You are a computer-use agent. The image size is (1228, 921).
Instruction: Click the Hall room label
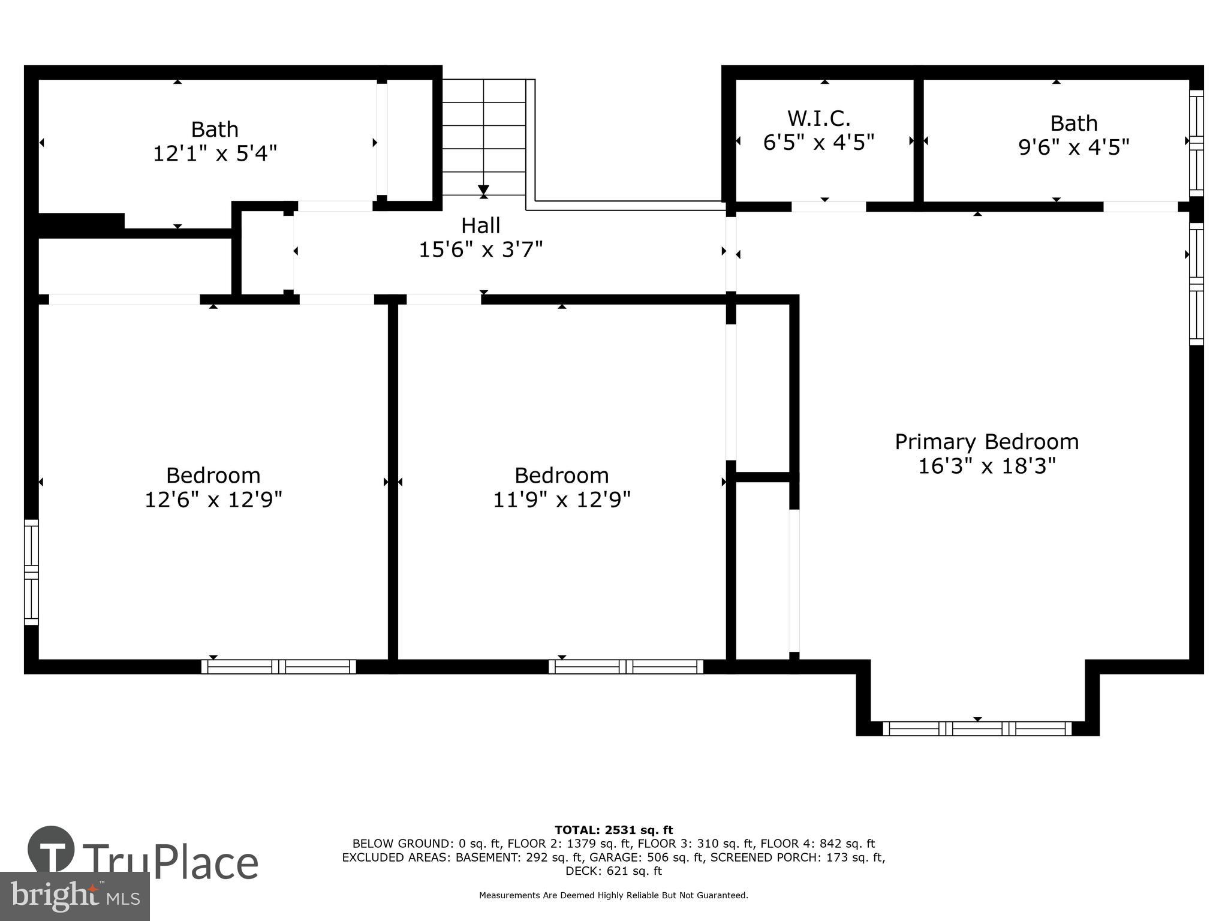[480, 226]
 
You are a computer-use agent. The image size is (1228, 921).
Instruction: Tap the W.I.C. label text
[818, 118]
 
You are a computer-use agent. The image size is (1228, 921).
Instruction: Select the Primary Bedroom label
[986, 442]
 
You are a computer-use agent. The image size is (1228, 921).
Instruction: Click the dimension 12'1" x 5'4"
[215, 154]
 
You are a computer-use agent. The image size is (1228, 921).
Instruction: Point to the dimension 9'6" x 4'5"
[1073, 148]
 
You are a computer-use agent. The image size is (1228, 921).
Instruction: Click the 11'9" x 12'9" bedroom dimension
[561, 499]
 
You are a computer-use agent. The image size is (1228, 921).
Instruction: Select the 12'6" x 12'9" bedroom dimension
[213, 499]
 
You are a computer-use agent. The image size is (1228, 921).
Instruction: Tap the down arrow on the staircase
[483, 191]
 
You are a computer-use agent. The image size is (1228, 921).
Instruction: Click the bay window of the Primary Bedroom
[977, 729]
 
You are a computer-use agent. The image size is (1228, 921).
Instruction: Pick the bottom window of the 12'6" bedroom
[279, 667]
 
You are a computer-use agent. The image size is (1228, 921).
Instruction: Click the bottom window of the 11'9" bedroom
[625, 667]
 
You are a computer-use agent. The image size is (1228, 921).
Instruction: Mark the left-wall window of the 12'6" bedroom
[31, 572]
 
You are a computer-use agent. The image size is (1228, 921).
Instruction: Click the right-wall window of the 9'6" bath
[1196, 143]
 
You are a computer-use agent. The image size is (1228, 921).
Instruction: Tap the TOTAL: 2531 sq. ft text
[613, 830]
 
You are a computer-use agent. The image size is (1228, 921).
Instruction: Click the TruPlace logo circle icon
[51, 849]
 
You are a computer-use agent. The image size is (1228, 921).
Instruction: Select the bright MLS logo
[75, 896]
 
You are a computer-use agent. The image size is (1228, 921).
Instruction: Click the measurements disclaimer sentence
[613, 895]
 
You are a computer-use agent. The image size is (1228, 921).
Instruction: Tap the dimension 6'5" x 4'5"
[818, 143]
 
